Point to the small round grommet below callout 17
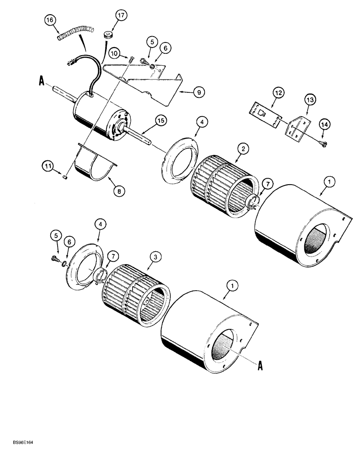[x=108, y=35]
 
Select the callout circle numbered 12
[x=265, y=94]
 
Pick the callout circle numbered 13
[x=309, y=99]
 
